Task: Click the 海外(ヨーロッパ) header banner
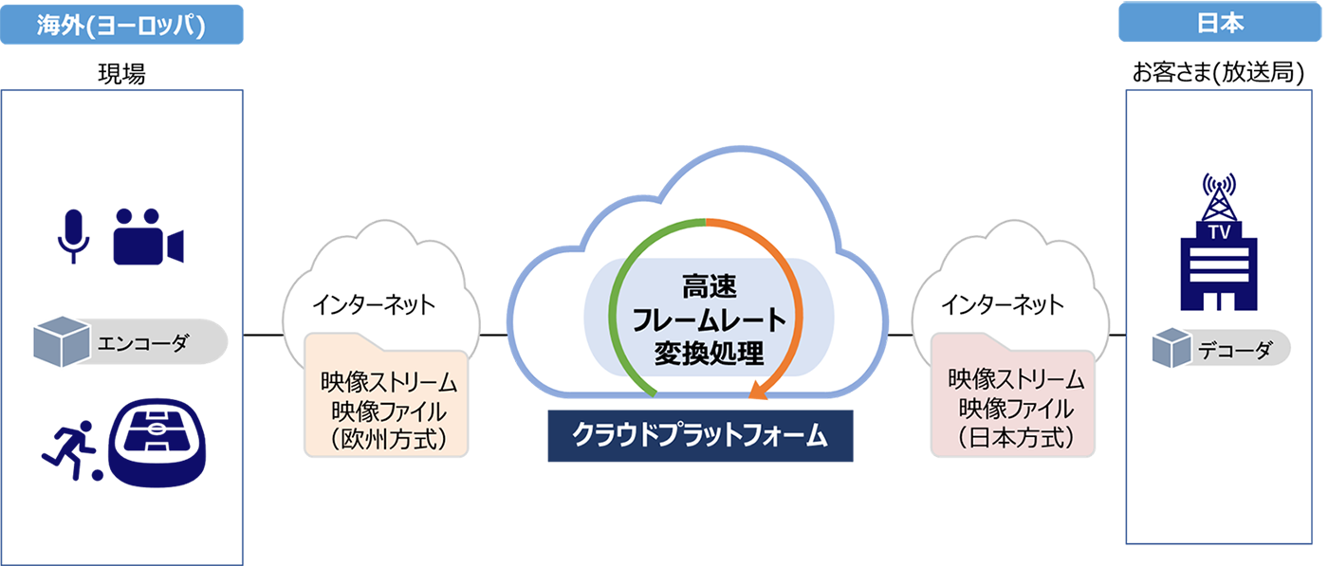(121, 25)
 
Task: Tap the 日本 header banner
(1220, 22)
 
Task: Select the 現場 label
(121, 74)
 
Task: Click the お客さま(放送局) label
(1218, 72)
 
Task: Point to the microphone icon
(74, 236)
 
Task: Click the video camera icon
(148, 236)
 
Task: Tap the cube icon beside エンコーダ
(62, 341)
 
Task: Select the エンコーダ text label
(143, 342)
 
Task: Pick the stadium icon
(157, 443)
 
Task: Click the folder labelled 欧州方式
(387, 394)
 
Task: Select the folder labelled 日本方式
(1013, 394)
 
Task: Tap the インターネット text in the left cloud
(374, 304)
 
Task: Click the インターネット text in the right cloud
(1003, 304)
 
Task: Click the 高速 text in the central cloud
(710, 287)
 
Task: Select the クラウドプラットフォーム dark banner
(700, 435)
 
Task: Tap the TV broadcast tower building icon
(1219, 242)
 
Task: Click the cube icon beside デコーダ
(1171, 347)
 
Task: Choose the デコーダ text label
(1235, 350)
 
